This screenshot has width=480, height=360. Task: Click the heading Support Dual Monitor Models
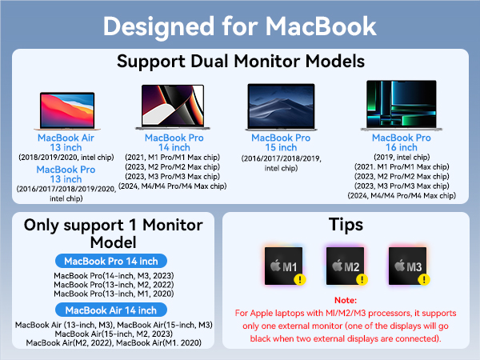[x=240, y=62]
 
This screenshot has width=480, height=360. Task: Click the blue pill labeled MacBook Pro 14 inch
[x=111, y=261]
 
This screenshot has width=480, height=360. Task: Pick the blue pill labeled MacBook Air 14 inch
[x=111, y=310]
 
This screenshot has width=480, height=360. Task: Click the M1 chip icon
[x=285, y=266]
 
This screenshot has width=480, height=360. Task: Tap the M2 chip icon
[x=346, y=266]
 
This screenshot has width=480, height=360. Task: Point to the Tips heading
[x=346, y=225]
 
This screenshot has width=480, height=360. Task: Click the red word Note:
[x=346, y=299]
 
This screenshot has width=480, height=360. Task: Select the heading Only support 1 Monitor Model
[x=111, y=233]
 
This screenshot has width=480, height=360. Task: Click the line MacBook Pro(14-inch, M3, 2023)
[x=111, y=275]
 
